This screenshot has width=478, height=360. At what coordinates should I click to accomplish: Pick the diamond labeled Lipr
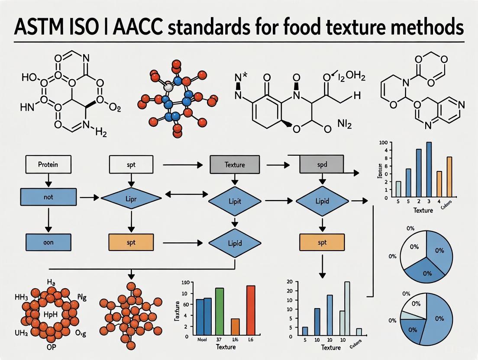click(131, 198)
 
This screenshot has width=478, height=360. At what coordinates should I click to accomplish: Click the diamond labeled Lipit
click(235, 201)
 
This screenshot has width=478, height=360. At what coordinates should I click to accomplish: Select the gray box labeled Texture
click(235, 165)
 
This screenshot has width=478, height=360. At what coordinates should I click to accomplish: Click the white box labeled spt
click(131, 165)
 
